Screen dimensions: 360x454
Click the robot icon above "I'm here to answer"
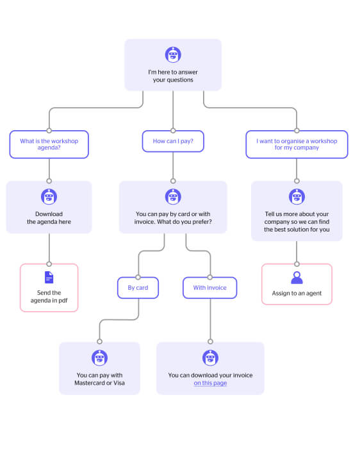173,55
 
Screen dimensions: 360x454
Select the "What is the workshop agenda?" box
49,144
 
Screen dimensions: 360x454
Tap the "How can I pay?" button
173,141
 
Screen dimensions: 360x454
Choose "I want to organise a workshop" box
297,144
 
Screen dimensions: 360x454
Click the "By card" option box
138,288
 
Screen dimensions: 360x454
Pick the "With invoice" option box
210,288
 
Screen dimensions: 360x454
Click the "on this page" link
210,383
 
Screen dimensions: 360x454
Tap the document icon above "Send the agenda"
49,278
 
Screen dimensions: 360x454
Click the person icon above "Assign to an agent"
297,278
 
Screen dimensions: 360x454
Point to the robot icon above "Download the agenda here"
49,197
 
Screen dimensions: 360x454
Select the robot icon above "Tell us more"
297,197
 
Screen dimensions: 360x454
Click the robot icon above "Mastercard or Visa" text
99,358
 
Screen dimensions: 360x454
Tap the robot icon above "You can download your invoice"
210,358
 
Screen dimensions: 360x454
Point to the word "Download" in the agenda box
49,214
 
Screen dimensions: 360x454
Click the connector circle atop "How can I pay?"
173,131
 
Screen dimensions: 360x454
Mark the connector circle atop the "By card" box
138,277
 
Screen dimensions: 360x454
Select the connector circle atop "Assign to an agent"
297,264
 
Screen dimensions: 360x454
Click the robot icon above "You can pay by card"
173,197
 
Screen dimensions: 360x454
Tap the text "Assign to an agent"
297,293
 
